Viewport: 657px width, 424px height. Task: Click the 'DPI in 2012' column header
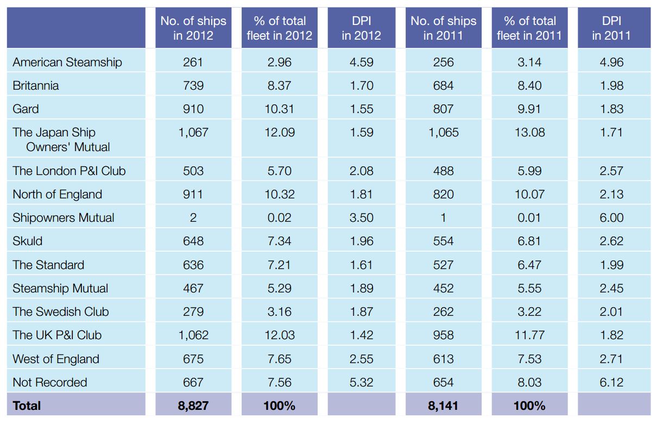tap(361, 28)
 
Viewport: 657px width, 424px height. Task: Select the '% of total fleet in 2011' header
tap(529, 28)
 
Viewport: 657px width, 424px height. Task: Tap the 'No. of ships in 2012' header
tap(193, 28)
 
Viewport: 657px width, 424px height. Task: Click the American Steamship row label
tap(67, 62)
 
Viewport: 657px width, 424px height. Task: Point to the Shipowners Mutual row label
tap(64, 218)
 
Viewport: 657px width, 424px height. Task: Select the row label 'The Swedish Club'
tap(61, 312)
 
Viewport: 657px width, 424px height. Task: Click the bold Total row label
tap(27, 406)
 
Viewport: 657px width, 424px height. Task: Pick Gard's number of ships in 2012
tap(193, 109)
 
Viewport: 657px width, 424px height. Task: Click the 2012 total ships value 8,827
tap(193, 406)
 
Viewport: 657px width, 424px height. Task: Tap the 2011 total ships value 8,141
tap(443, 406)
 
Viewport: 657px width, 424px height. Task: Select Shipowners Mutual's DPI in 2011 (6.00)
tap(611, 218)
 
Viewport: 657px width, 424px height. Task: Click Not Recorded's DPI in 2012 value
tap(361, 382)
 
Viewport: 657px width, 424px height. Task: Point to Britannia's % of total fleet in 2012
tap(280, 85)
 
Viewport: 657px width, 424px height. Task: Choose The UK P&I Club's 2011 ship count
tap(443, 335)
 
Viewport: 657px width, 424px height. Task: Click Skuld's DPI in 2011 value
tap(611, 241)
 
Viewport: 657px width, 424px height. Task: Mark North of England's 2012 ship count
tap(193, 194)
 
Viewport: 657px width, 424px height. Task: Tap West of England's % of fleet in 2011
tap(529, 359)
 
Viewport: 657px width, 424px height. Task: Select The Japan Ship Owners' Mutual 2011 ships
tap(443, 132)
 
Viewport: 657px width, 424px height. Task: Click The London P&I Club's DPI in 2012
tap(361, 171)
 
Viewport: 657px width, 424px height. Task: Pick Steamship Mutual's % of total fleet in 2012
tap(280, 288)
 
